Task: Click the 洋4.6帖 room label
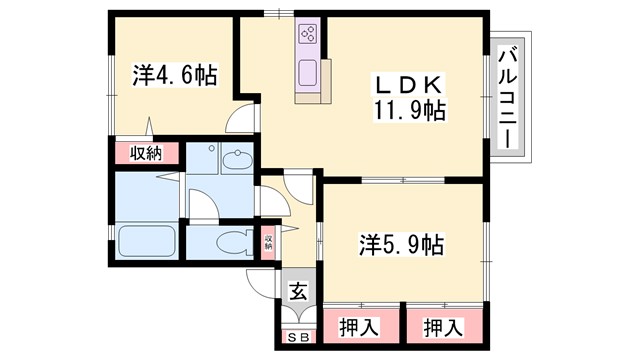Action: pos(175,74)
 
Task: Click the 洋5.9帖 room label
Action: pos(401,243)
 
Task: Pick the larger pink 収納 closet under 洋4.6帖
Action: pos(146,153)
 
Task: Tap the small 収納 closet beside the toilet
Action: pos(268,242)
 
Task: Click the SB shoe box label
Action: pos(297,338)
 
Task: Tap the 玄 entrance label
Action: pos(298,292)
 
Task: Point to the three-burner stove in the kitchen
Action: pos(307,36)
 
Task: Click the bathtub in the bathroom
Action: pos(146,241)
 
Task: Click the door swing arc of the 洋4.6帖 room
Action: pos(240,120)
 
